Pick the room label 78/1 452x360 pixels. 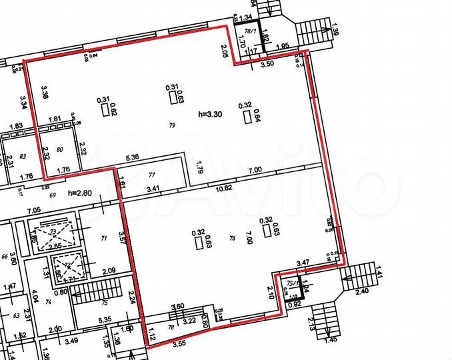point(251,31)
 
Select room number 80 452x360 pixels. point(59,149)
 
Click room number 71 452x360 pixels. point(103,237)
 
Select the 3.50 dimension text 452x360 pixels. point(267,65)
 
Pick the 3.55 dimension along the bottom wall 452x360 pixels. point(178,345)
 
